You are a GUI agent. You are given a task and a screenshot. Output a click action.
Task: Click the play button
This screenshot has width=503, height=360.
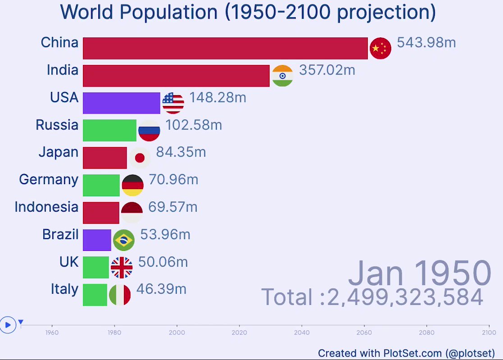[x=8, y=324]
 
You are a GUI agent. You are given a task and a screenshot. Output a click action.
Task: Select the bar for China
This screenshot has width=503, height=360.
[x=225, y=48]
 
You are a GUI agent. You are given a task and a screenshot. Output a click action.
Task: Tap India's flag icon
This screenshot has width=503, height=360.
[x=283, y=76]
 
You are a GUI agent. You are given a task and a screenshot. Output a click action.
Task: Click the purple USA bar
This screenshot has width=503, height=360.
[x=121, y=103]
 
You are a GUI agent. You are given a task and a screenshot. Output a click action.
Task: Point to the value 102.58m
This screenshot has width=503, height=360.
[x=193, y=125]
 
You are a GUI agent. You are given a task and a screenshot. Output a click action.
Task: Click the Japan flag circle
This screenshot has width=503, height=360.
[x=140, y=158]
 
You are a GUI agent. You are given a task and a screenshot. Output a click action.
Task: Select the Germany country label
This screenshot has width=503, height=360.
[x=49, y=180]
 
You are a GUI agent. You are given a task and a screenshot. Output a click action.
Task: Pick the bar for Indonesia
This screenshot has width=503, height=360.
[x=101, y=213]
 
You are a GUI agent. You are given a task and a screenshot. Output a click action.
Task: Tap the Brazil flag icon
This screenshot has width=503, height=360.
[x=123, y=240]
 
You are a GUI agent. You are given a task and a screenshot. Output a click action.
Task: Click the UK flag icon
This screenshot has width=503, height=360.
[x=122, y=268]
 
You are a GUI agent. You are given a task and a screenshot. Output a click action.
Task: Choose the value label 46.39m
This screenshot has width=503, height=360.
[x=161, y=289]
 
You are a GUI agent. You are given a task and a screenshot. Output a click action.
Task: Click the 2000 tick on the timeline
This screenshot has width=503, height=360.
[x=177, y=332]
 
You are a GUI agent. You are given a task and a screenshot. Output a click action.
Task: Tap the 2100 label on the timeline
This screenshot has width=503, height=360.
[x=489, y=332]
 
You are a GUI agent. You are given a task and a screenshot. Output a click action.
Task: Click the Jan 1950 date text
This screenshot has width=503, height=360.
[x=419, y=273]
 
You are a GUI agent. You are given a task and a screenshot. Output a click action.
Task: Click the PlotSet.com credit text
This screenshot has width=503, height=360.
[x=406, y=353]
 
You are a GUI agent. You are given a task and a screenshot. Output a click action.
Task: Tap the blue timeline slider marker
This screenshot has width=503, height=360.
[x=21, y=322]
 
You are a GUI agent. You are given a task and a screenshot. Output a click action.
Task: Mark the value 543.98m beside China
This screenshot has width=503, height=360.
[x=426, y=43]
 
